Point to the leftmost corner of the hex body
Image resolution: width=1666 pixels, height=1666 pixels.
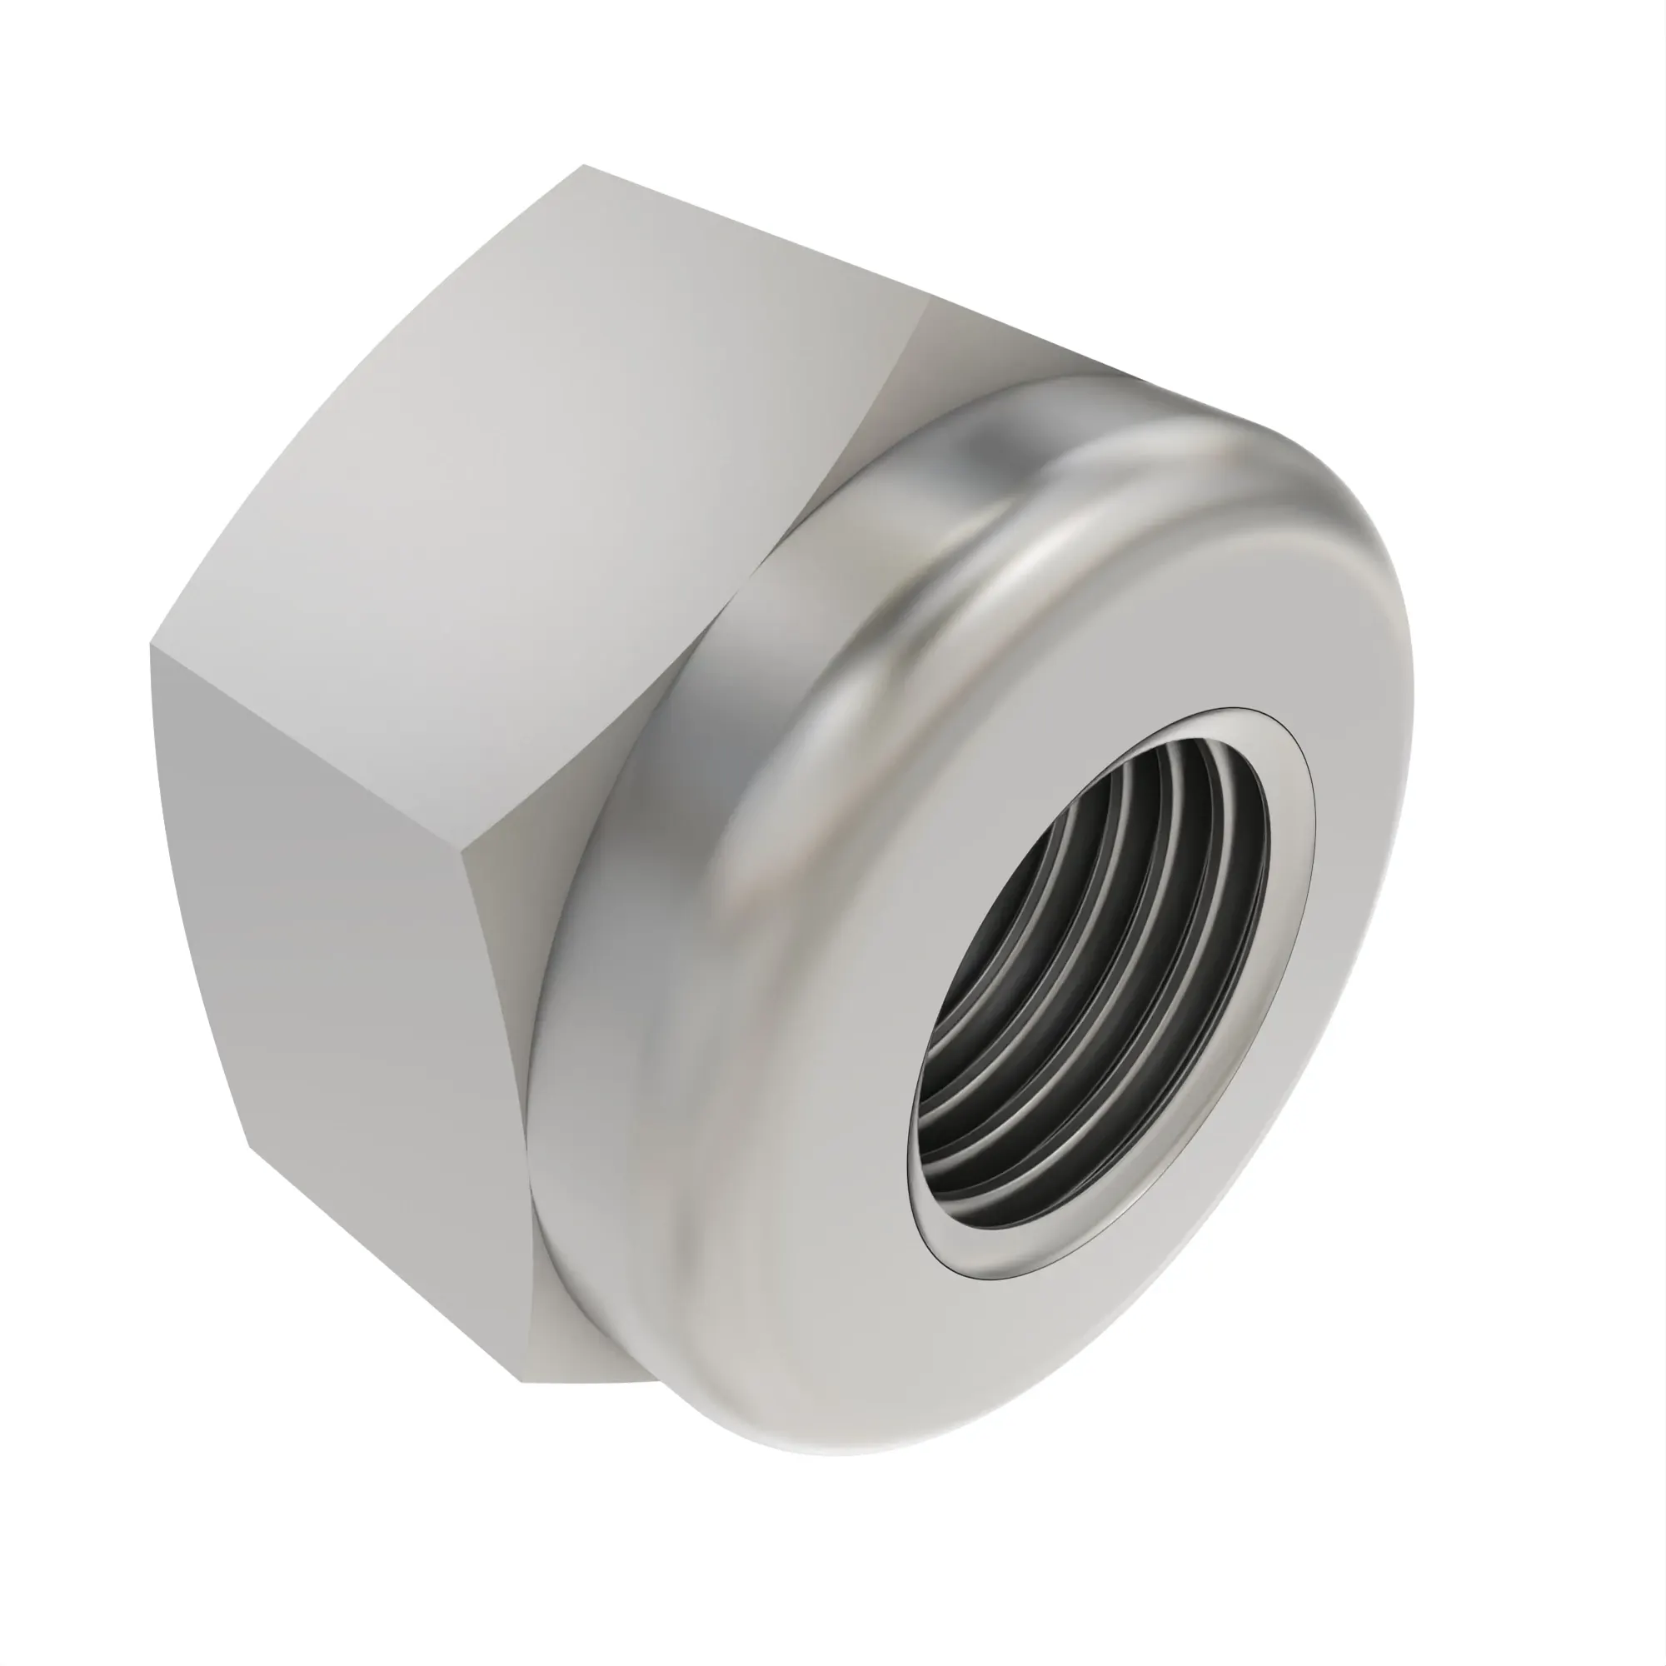click(x=150, y=644)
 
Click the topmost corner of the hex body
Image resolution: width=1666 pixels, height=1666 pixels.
click(x=584, y=165)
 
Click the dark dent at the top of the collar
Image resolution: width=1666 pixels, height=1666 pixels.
click(x=983, y=448)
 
